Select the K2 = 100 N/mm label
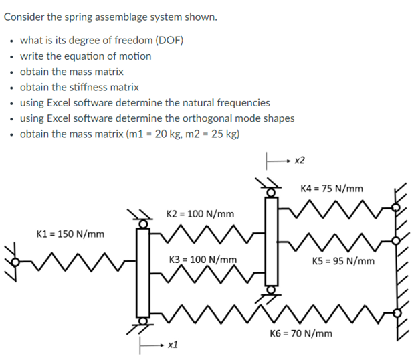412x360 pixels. (200, 214)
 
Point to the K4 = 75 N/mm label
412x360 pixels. (331, 188)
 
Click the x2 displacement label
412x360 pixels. (300, 161)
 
